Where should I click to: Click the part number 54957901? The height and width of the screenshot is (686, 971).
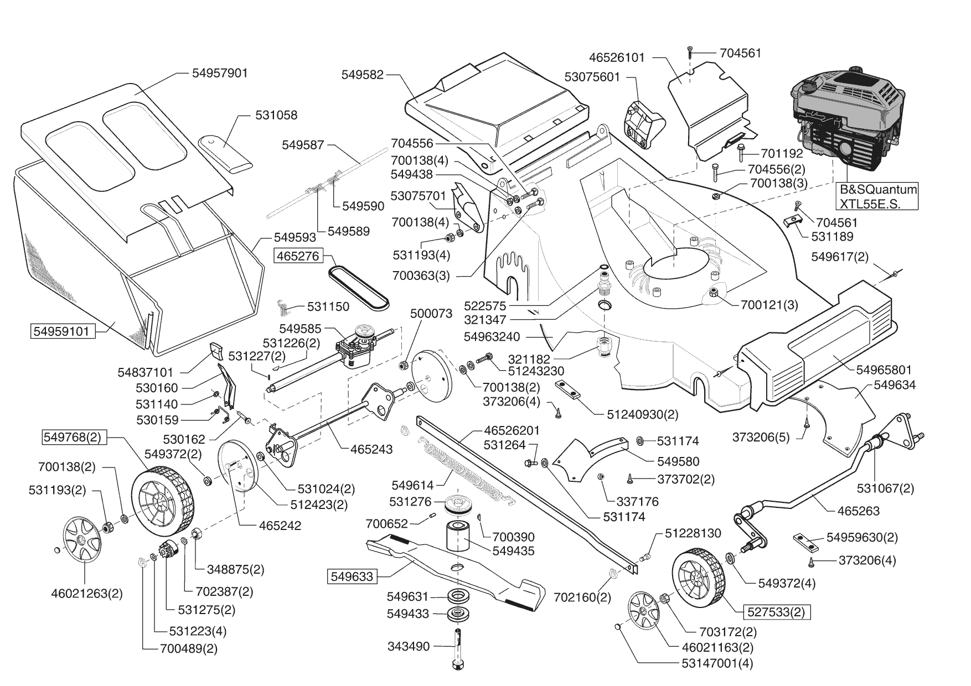(x=220, y=73)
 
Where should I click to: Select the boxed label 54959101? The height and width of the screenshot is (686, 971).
(x=61, y=331)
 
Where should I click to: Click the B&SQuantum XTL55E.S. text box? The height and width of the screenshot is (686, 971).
(x=878, y=196)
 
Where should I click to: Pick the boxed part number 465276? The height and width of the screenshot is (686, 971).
(x=304, y=256)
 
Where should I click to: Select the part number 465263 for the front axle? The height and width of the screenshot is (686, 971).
(x=859, y=511)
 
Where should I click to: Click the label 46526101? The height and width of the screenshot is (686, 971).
(x=617, y=58)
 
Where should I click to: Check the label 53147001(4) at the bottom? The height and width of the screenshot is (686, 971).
(x=718, y=663)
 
